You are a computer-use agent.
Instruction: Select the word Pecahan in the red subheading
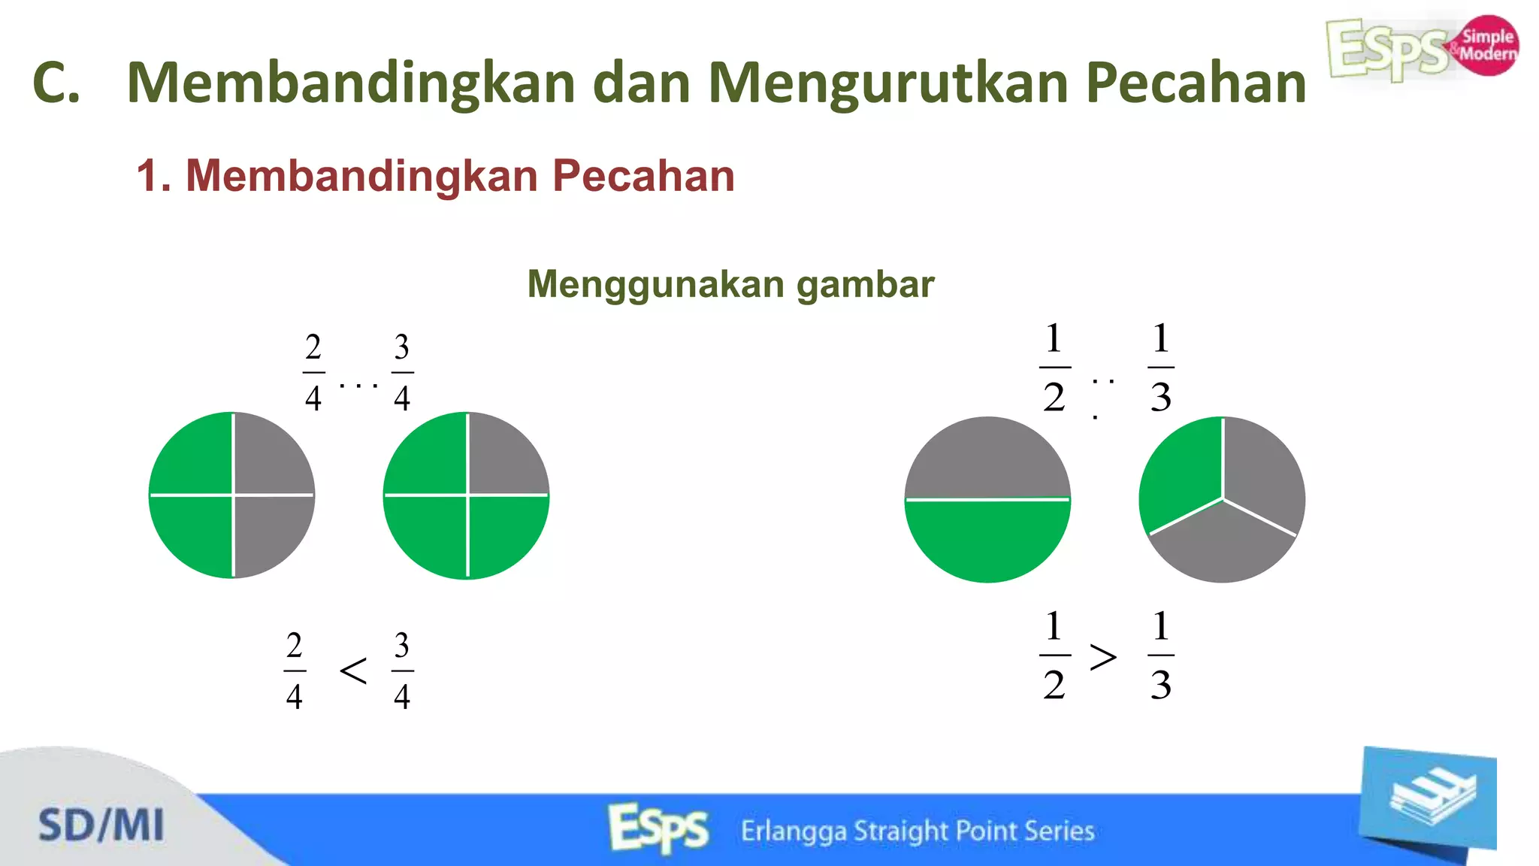click(x=643, y=176)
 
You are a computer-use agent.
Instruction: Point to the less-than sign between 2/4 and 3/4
click(x=353, y=670)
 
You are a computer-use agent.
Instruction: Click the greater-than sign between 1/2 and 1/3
click(x=1102, y=658)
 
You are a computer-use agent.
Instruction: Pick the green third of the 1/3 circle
click(x=1182, y=474)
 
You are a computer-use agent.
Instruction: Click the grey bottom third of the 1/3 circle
click(x=1223, y=545)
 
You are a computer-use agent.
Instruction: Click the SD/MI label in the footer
click(x=101, y=825)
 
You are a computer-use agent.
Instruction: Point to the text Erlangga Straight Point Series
click(x=917, y=831)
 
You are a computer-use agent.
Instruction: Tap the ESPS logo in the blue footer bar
click(x=658, y=828)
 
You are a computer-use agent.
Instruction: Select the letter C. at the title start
click(x=56, y=83)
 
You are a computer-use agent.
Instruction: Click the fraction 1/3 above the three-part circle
click(x=1160, y=368)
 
